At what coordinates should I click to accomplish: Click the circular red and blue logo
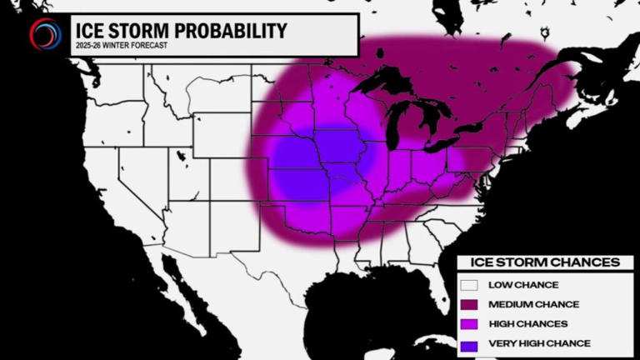click(x=44, y=33)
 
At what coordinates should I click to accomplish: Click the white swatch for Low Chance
click(x=470, y=285)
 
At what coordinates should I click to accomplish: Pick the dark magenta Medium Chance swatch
click(x=470, y=304)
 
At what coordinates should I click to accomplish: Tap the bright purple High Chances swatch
click(x=470, y=323)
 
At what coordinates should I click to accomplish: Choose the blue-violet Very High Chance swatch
click(x=470, y=342)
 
